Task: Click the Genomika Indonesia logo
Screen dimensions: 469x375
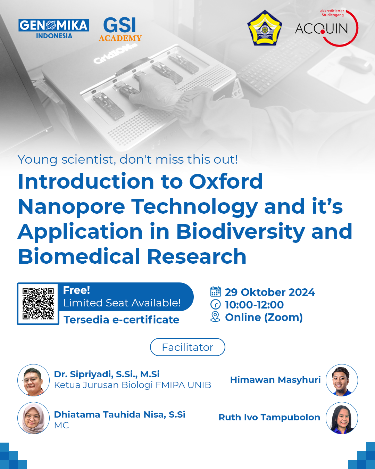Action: tap(54, 28)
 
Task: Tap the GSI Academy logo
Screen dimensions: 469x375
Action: tap(120, 30)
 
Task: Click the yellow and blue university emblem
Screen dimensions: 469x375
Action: tap(265, 28)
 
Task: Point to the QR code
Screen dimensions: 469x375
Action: tap(38, 304)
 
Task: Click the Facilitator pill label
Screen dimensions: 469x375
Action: tap(187, 347)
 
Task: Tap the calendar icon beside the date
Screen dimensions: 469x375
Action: tap(216, 292)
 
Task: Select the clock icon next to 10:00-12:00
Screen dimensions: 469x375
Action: tap(216, 304)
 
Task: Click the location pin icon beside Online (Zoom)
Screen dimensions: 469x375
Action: tap(216, 316)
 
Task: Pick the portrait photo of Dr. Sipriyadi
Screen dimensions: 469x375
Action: tap(34, 380)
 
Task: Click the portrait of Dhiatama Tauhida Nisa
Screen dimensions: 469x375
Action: tap(34, 418)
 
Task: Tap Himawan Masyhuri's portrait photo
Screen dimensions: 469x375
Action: tap(342, 380)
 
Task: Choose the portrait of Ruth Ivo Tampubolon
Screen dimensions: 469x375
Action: tap(342, 418)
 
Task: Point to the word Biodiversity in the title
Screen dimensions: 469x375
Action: tap(240, 231)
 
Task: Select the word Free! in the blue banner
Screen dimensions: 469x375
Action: tap(76, 290)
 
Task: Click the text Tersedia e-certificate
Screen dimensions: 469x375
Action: tap(122, 320)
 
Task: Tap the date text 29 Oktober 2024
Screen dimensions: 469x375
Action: tap(270, 292)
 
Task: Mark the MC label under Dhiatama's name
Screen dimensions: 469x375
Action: tap(61, 425)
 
